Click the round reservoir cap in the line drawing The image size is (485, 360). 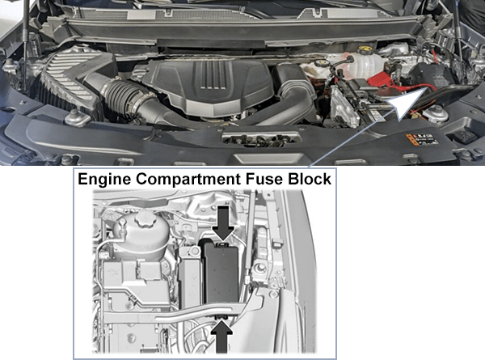[147, 220]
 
